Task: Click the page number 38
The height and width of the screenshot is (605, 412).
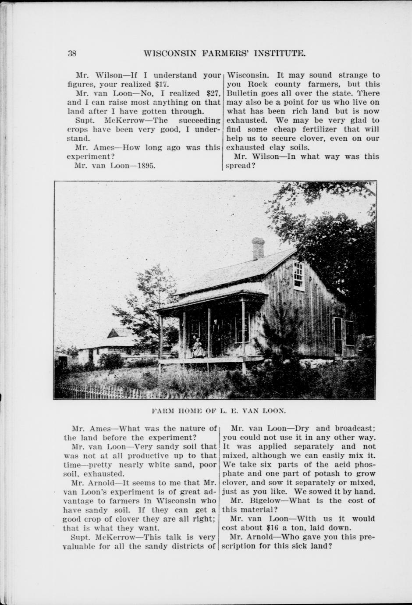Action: pos(72,53)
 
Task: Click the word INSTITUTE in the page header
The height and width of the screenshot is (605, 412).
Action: pos(274,53)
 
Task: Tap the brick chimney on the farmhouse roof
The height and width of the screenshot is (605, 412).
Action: pos(258,248)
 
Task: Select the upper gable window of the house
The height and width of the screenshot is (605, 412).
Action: pos(298,275)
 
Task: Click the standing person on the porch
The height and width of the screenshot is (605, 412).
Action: pos(215,335)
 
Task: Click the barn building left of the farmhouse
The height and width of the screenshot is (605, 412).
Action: pos(110,346)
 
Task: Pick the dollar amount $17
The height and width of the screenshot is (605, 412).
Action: pos(162,84)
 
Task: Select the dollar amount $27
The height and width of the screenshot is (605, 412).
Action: pos(213,93)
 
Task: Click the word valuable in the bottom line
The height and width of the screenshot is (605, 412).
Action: pos(84,546)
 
